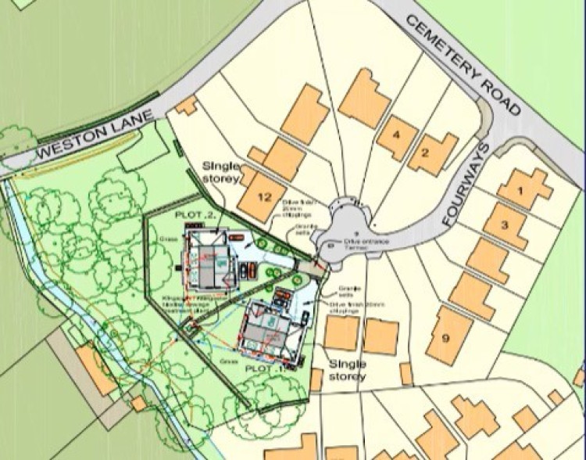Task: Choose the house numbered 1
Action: pos(523,189)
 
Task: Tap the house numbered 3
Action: pos(505,224)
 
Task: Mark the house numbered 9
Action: pos(445,336)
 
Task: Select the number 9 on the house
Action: pos(445,338)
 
